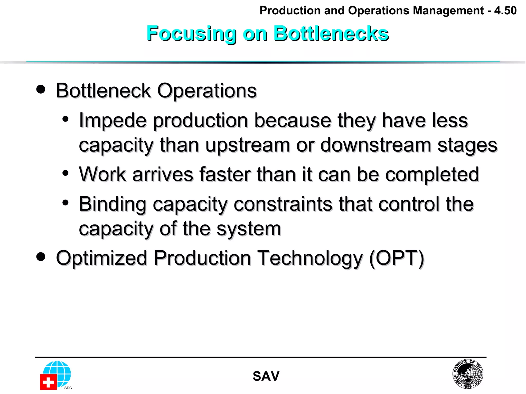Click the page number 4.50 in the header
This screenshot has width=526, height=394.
pos(505,11)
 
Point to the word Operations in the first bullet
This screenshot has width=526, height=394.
pos(207,91)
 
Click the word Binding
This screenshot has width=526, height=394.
pos(112,204)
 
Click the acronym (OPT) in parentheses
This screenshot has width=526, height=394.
pos(397,258)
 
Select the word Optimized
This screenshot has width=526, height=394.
pos(101,259)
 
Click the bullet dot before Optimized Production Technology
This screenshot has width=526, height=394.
pos(41,257)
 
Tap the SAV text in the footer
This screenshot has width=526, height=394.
pos(266,376)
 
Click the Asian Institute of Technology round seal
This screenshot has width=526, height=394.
pos(468,374)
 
